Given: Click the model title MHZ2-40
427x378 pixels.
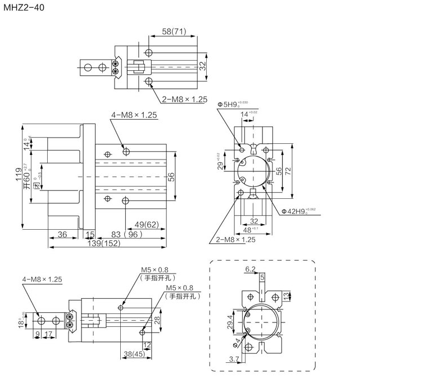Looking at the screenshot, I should pos(22,7).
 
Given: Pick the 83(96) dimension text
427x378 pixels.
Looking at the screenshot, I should pos(123,234).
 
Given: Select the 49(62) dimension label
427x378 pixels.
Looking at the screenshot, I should pos(143,224).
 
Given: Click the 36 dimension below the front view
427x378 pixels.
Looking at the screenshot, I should pos(62,234).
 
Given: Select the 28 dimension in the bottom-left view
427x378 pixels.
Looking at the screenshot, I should pos(158,320).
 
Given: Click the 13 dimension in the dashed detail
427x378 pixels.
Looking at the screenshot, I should pos(286,295).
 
